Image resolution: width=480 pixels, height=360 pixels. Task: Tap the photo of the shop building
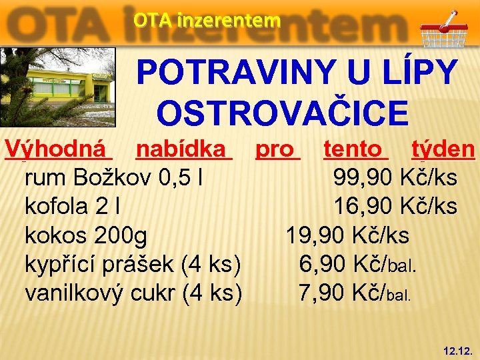[57, 86]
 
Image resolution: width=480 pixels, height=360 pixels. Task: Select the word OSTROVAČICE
[282, 112]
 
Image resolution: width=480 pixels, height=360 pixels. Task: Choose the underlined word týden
[443, 149]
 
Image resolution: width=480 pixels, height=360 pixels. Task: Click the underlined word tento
[354, 149]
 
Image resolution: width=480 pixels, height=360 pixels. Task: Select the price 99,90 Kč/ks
[395, 178]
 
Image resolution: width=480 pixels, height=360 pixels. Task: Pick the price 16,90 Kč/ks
[395, 207]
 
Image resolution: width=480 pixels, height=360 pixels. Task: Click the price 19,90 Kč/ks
[347, 235]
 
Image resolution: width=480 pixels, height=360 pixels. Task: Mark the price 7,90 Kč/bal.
[357, 293]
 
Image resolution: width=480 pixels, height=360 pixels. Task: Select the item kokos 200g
[86, 235]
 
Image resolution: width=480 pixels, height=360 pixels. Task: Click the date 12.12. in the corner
[458, 349]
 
